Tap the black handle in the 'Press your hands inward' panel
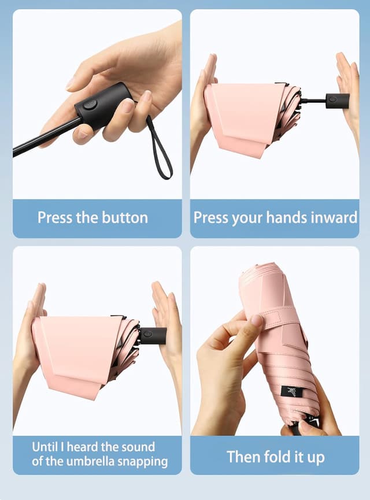click(338, 101)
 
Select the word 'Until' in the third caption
click(44, 447)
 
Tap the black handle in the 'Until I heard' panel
click(153, 335)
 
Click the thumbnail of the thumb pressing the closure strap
click(257, 320)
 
